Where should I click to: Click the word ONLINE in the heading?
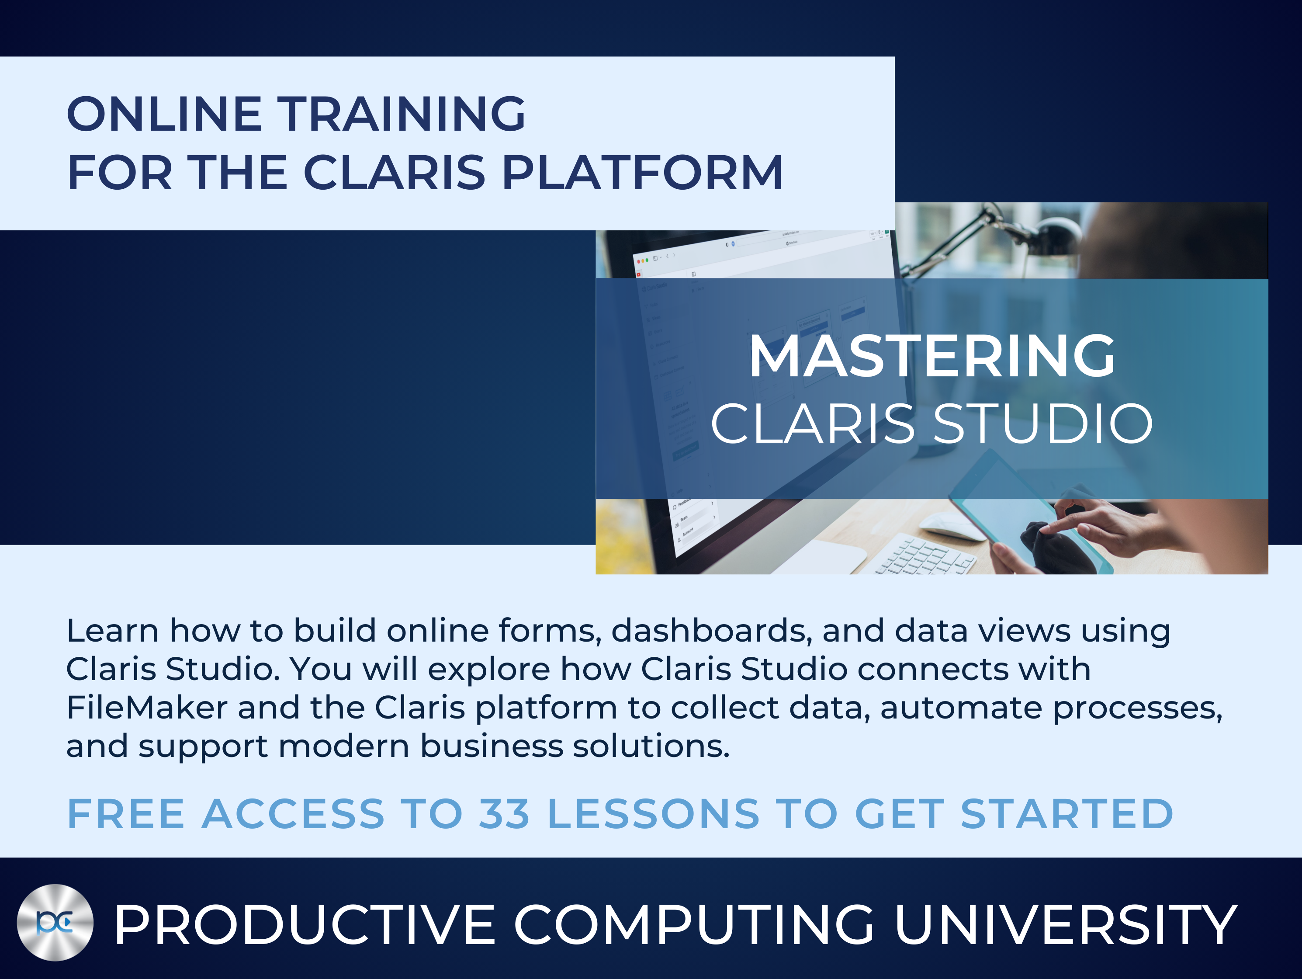point(164,114)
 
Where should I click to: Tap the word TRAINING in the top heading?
point(402,114)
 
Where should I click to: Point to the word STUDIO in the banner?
point(1042,424)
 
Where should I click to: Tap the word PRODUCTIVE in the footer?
point(305,925)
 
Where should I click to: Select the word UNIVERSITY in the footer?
point(1065,925)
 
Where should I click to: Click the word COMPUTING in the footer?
point(695,925)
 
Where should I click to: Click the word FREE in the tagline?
point(126,814)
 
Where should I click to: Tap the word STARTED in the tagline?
point(1067,814)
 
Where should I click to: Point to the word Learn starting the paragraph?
point(112,631)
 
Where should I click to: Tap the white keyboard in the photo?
point(925,555)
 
